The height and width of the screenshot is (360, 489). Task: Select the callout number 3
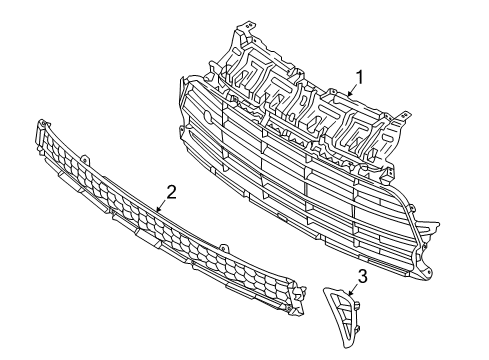pos(363,276)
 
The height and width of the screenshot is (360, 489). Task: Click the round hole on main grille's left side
pos(207,115)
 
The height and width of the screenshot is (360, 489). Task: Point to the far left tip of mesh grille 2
pos(41,126)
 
